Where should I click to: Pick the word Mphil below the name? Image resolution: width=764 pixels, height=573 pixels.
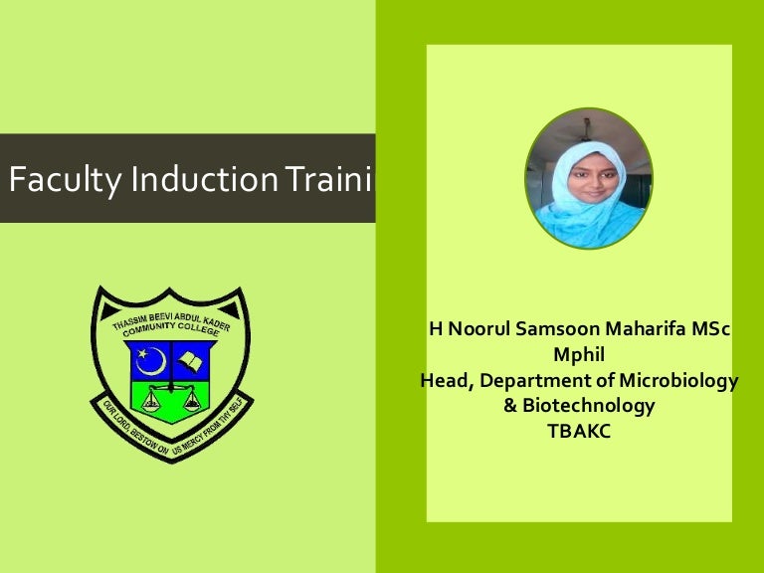tap(580, 355)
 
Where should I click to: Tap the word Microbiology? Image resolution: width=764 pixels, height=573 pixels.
tap(681, 381)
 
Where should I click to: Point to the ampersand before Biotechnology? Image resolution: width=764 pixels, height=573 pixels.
tap(512, 406)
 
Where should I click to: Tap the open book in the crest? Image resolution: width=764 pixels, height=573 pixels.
tap(192, 357)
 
